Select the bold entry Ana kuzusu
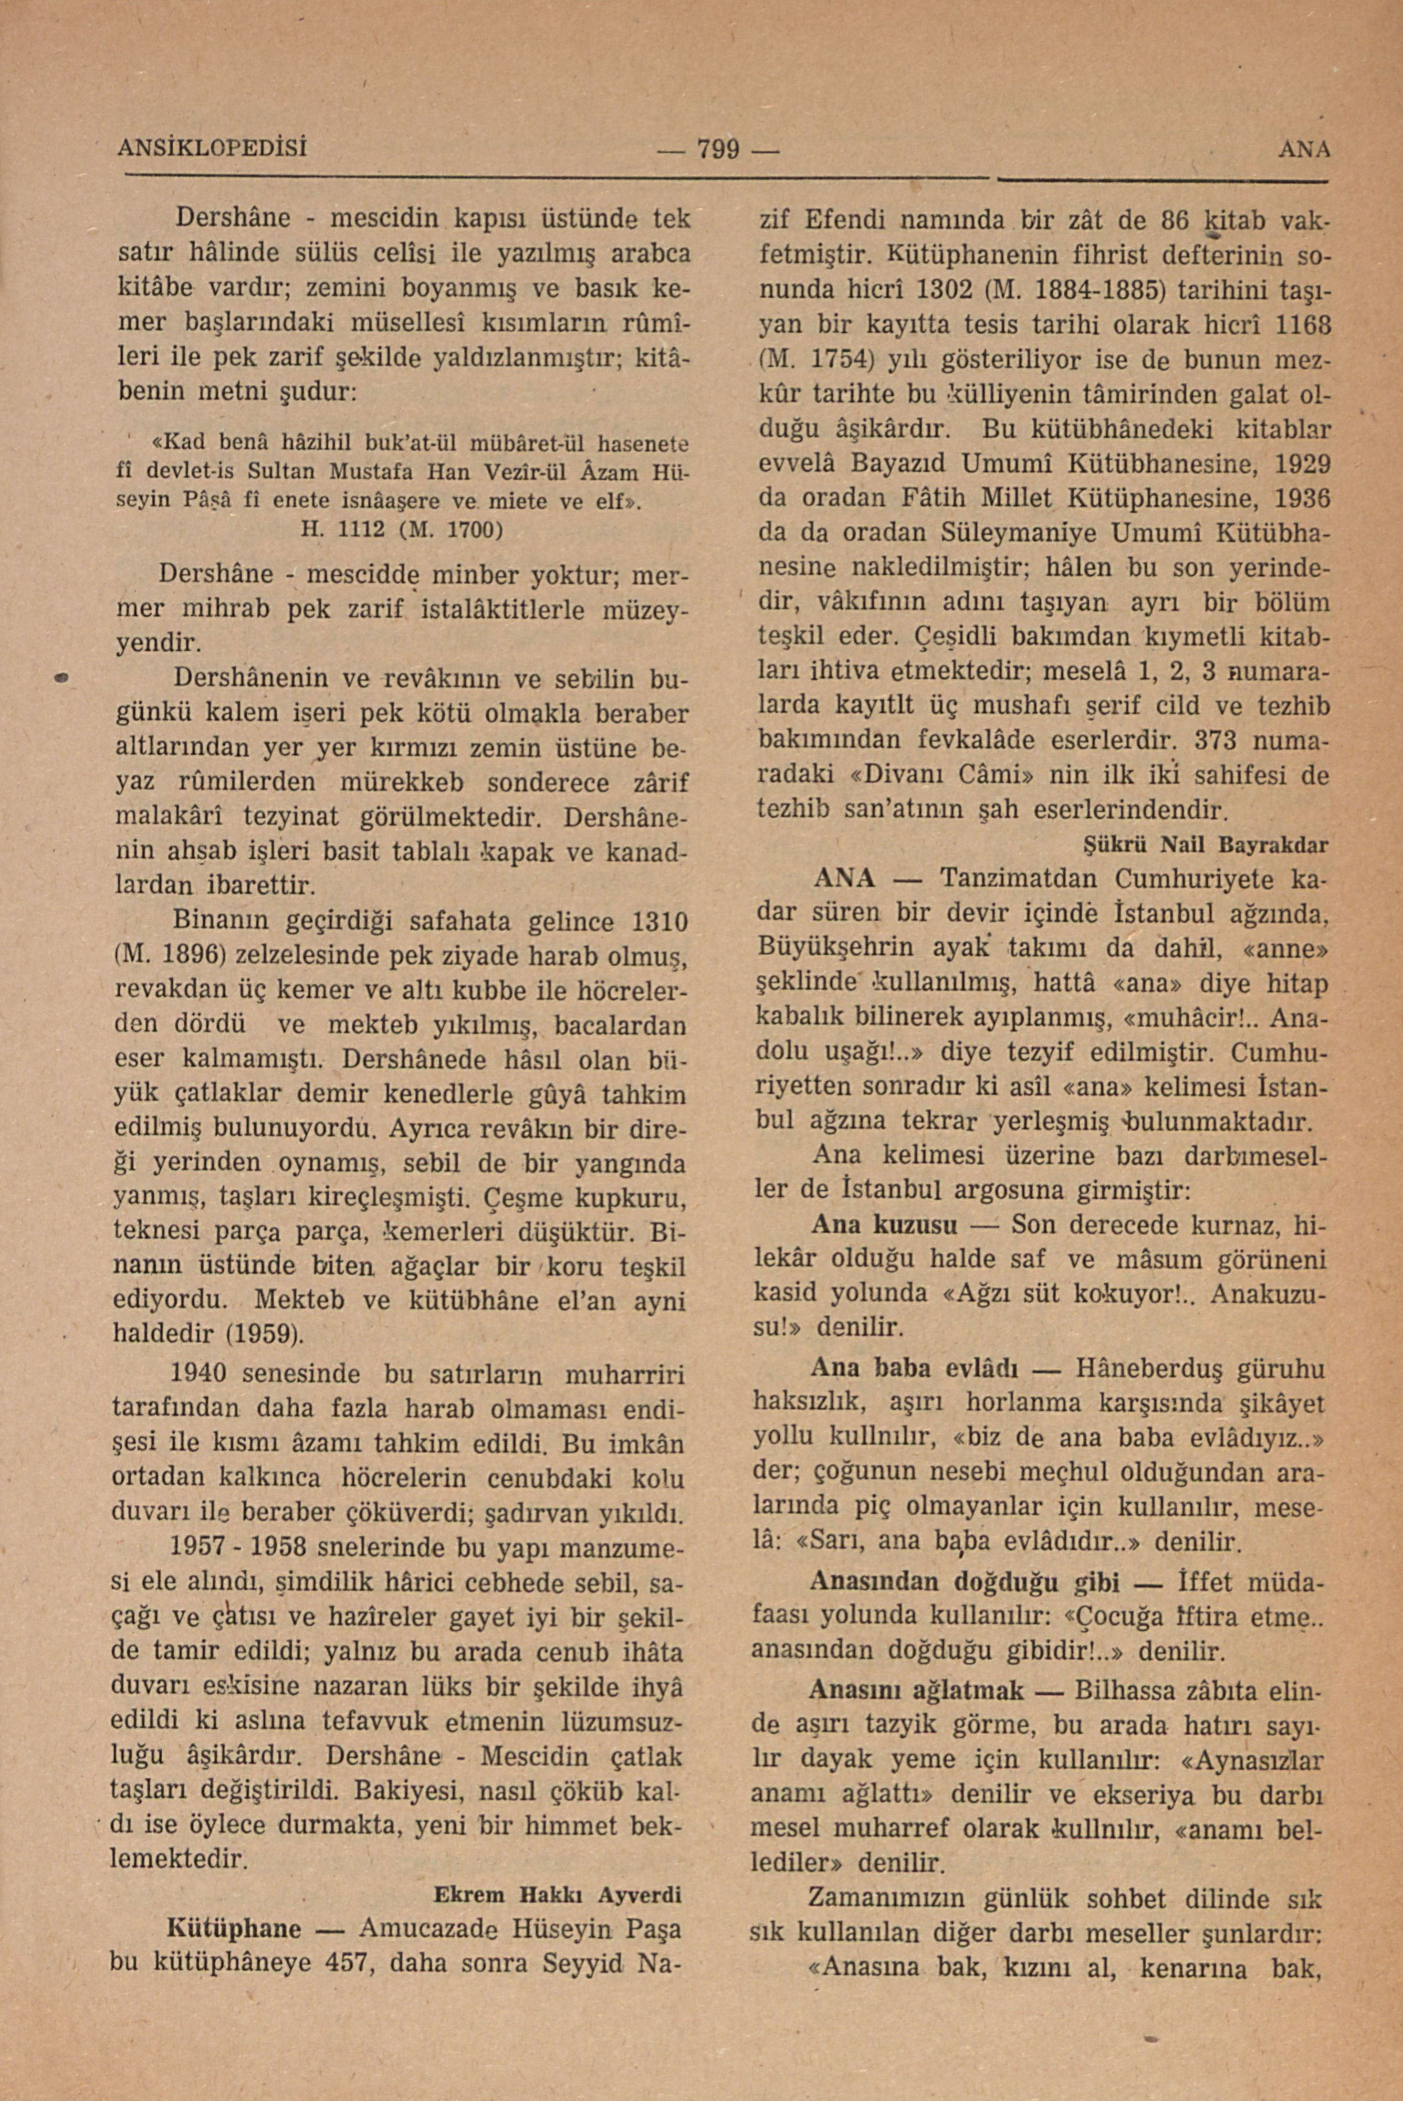[x=884, y=1225]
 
